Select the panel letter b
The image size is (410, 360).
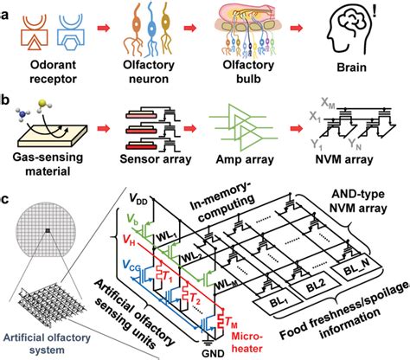click(10, 97)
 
